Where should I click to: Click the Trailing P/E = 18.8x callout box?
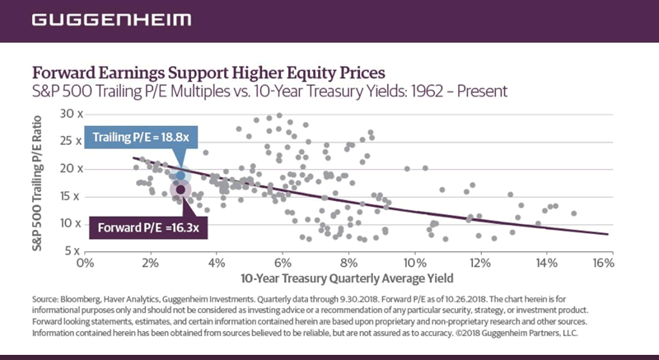pos(129,138)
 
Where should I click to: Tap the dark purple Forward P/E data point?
pos(181,189)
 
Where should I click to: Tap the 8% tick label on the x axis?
pos(348,263)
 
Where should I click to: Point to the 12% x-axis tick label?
pos(476,263)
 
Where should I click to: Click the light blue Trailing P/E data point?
pos(181,175)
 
